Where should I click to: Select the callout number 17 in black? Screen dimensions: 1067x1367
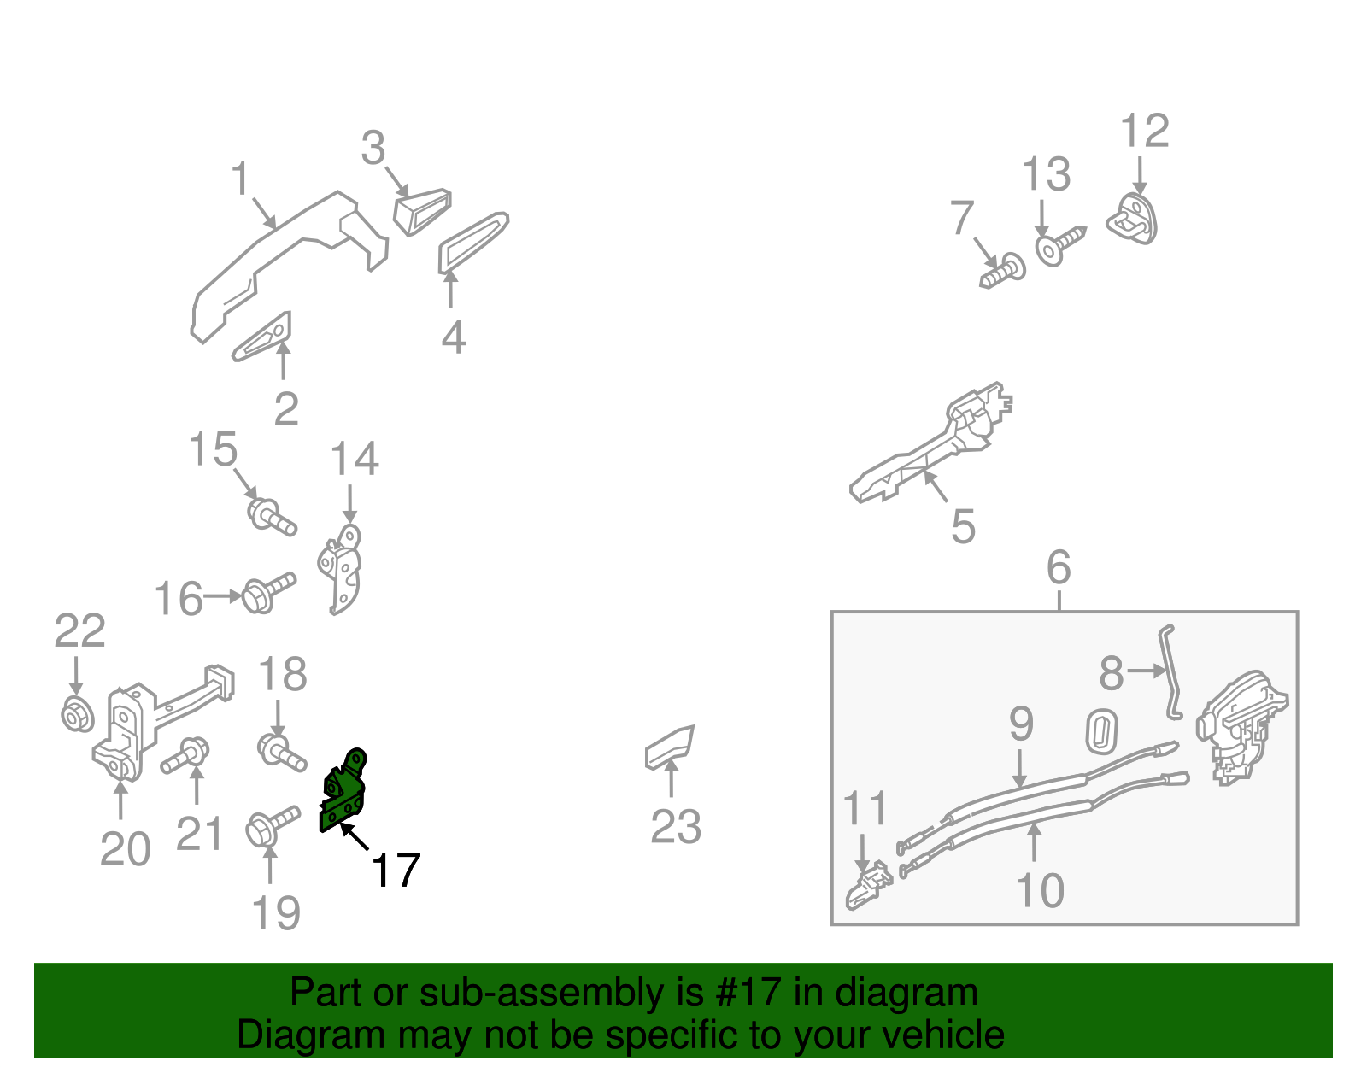(396, 871)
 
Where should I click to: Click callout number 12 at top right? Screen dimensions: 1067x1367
(1144, 132)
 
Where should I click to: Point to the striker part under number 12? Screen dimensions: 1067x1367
(1133, 219)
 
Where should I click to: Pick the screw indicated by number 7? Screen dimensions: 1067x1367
(1004, 272)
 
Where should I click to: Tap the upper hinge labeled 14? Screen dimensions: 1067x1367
(343, 568)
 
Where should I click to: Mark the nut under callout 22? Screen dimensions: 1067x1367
(77, 713)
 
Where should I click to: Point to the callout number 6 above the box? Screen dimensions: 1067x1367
(1058, 567)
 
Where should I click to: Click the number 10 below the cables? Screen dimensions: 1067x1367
(1039, 890)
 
